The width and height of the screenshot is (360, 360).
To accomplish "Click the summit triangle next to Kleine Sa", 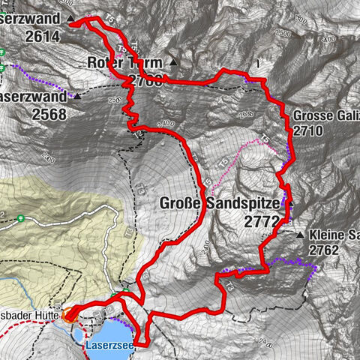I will (x=301, y=235).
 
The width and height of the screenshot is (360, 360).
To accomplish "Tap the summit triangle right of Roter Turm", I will (x=174, y=62).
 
